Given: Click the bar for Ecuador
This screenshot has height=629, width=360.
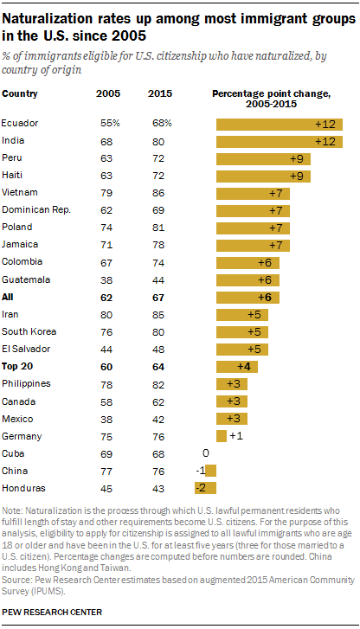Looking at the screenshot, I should (279, 124).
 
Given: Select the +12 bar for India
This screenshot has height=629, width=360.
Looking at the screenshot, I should (279, 139).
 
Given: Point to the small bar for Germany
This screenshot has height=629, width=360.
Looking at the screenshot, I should (221, 435).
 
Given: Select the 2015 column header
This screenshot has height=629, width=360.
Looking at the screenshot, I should (159, 93).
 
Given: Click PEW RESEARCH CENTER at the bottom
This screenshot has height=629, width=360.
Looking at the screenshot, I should (52, 612).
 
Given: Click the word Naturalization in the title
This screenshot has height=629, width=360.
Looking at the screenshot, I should (48, 18).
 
